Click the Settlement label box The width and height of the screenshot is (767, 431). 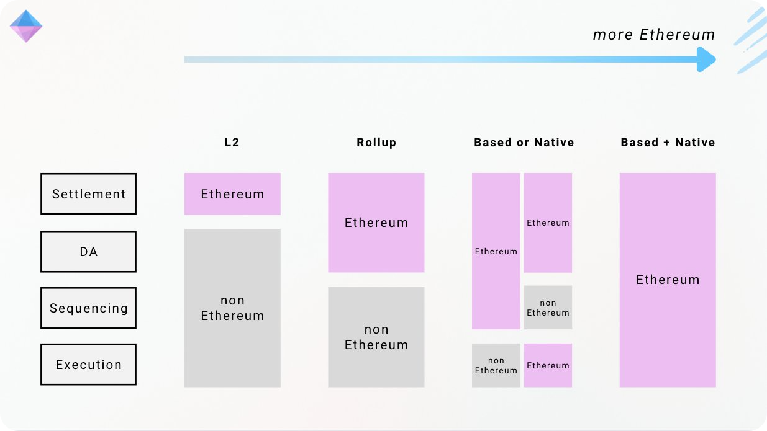[x=88, y=194]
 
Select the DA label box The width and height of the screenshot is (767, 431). [x=88, y=252]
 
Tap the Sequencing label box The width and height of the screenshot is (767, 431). [x=88, y=308]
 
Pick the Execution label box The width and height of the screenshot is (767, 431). [x=88, y=365]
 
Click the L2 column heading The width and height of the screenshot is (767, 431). [x=232, y=143]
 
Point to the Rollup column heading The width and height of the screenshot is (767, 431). [x=376, y=143]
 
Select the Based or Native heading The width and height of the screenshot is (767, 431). [x=524, y=143]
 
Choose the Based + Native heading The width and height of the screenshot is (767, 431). [x=668, y=143]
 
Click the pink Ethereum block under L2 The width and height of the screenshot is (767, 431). [x=232, y=194]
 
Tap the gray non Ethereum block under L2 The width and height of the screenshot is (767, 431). [x=232, y=308]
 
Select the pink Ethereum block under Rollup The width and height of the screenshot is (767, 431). [x=376, y=223]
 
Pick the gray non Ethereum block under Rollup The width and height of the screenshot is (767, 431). [x=376, y=337]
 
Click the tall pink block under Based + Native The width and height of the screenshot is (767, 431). [x=668, y=280]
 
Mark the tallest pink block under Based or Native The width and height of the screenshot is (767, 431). [x=496, y=251]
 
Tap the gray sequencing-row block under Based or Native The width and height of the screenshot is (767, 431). [x=548, y=308]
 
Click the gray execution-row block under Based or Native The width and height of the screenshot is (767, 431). [x=496, y=365]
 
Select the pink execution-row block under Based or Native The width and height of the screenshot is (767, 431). [x=548, y=365]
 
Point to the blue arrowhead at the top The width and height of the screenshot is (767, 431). [x=706, y=60]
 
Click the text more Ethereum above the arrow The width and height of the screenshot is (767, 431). [x=654, y=35]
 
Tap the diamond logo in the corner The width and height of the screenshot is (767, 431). [x=26, y=26]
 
